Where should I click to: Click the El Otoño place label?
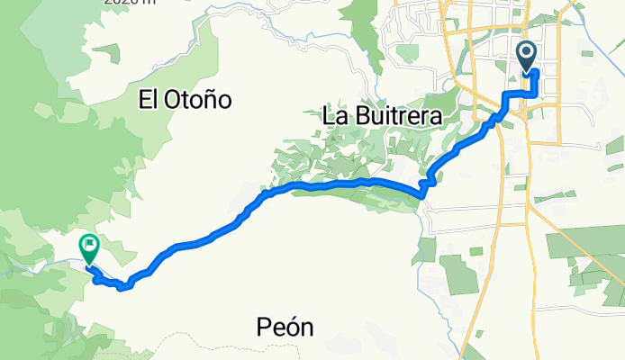pos(185,100)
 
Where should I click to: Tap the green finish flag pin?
pos(89,245)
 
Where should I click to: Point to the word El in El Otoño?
pos(149,100)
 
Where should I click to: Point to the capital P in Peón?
pos(262,328)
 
